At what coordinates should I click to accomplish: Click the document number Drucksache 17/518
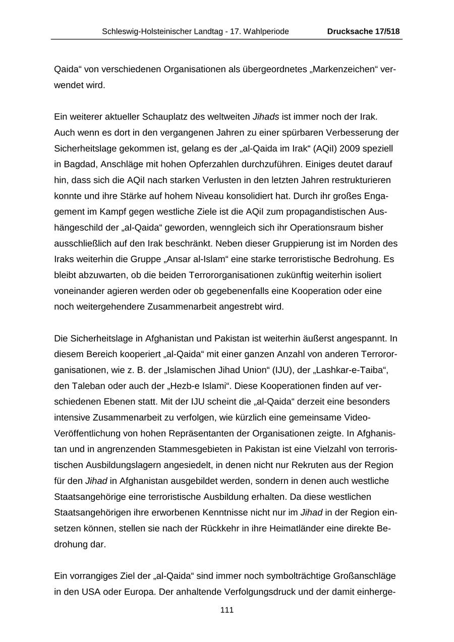[x=363, y=31]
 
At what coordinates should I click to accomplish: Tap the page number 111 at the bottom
[x=227, y=610]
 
